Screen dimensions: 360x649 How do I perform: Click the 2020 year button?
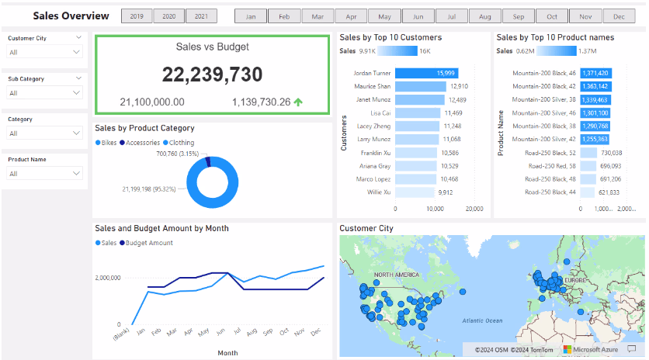(169, 16)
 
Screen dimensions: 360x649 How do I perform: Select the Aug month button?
(485, 16)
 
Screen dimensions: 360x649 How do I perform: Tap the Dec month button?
(619, 16)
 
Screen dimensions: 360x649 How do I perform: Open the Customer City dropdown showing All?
(45, 52)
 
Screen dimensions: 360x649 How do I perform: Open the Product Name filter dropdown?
(45, 174)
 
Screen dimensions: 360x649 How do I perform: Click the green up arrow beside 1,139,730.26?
(298, 102)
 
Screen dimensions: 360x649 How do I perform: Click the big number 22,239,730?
(212, 74)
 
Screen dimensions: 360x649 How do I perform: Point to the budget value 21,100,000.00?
(152, 102)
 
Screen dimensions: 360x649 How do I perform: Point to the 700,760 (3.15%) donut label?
(178, 154)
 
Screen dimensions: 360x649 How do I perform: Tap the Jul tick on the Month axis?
(237, 331)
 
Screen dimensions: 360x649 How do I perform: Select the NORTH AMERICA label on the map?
(397, 275)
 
